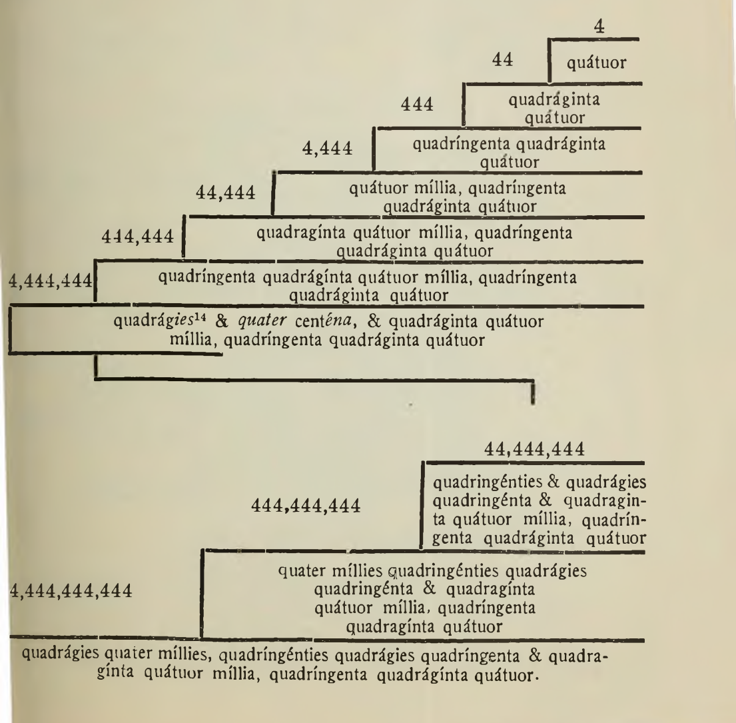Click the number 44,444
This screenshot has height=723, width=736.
coord(226,194)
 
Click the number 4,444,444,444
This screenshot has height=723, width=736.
coord(71,591)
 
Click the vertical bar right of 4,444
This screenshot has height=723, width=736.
coord(374,151)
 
